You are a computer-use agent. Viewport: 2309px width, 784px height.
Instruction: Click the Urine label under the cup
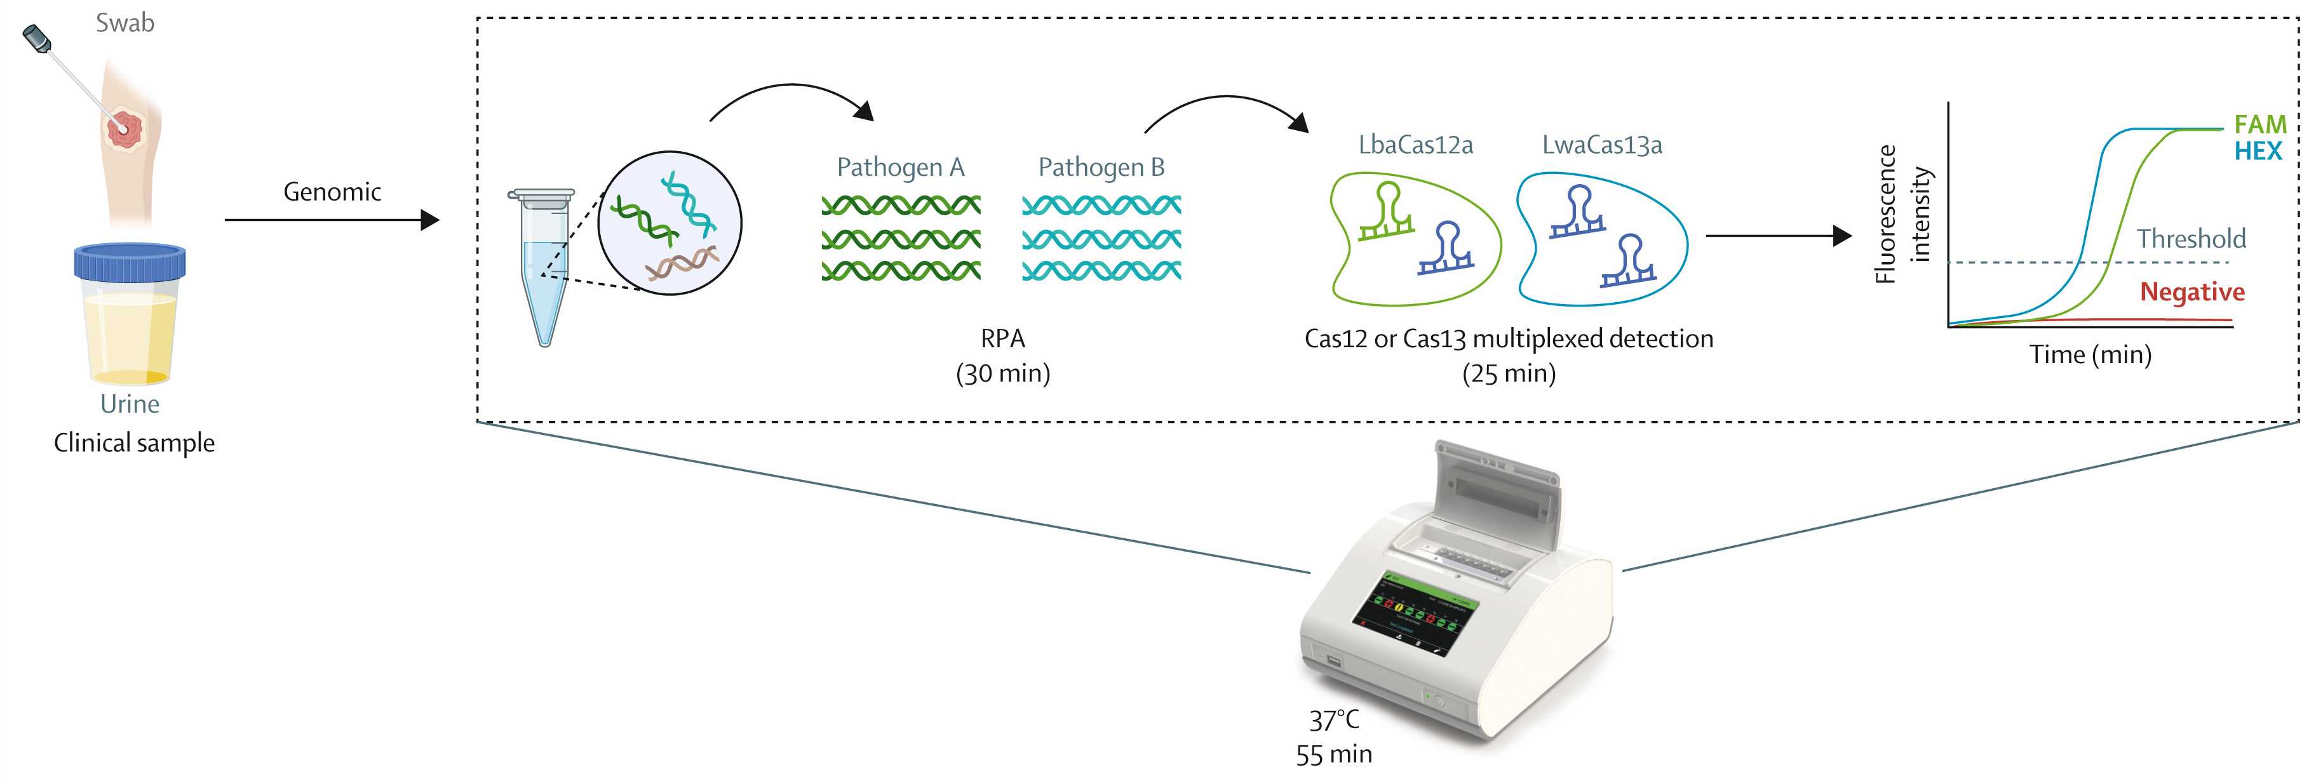click(x=130, y=404)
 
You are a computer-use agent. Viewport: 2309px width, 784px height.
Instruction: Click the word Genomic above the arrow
click(x=332, y=192)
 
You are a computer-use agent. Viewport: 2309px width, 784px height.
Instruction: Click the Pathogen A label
click(x=900, y=168)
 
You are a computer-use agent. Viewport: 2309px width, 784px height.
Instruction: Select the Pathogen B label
click(x=1101, y=168)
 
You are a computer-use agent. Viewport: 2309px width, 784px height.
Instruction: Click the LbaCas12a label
click(x=1415, y=145)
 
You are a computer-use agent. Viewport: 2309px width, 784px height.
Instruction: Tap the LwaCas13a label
click(x=1602, y=145)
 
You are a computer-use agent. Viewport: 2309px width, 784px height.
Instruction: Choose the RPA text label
click(x=1002, y=339)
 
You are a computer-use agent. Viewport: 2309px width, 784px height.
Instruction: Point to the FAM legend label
click(x=2259, y=124)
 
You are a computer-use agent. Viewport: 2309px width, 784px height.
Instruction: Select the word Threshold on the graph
click(x=2191, y=239)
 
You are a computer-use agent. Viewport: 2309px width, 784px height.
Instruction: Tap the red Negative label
click(x=2191, y=292)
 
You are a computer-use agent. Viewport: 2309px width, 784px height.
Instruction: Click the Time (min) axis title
click(x=2090, y=355)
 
